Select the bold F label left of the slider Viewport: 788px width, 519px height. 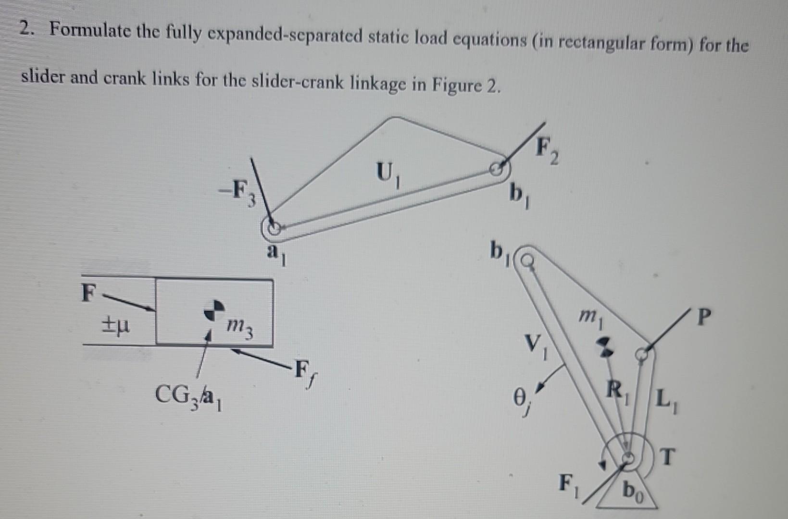[x=88, y=292]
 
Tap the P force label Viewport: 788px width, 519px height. [x=704, y=317]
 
